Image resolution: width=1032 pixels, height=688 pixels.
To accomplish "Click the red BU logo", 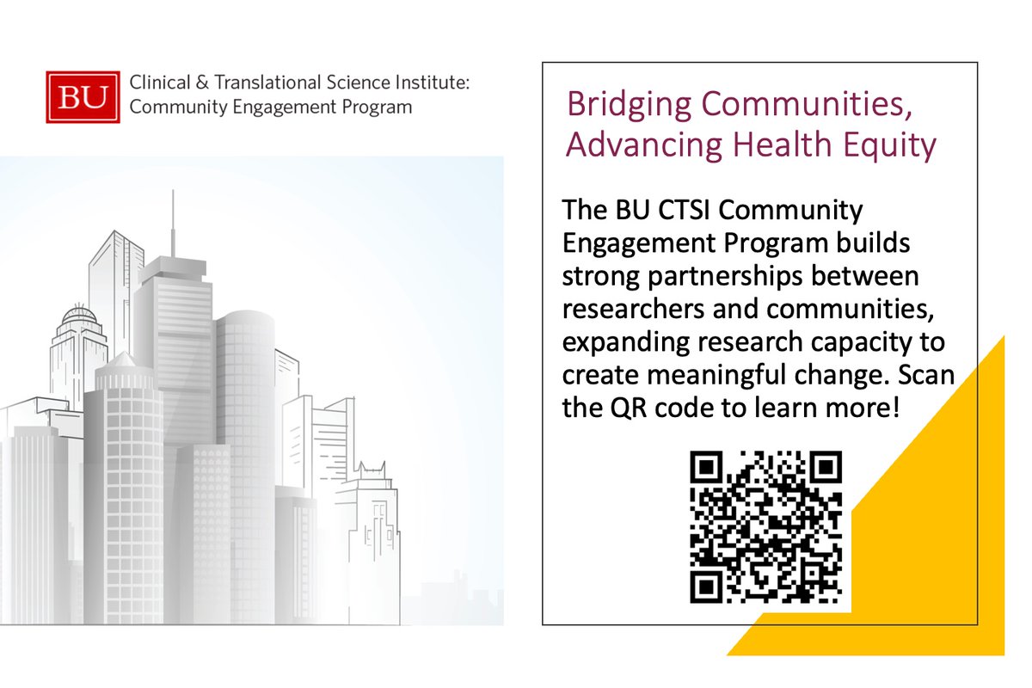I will (x=83, y=96).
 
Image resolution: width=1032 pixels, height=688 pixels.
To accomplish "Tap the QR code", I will (x=765, y=526).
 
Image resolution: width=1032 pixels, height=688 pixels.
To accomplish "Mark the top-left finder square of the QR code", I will (x=707, y=469).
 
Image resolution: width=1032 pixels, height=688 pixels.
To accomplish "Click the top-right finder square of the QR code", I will (x=824, y=469).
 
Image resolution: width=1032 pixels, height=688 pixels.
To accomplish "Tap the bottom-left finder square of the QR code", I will (x=707, y=585).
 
